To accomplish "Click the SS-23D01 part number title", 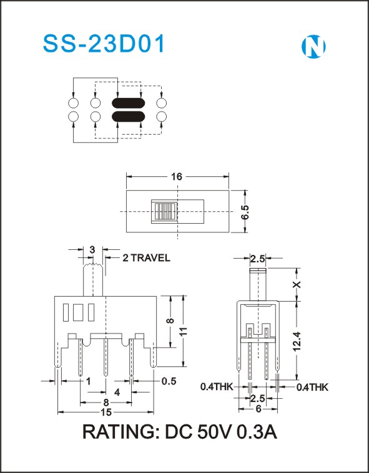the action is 104,44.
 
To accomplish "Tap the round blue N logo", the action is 313,47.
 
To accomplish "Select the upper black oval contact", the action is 129,103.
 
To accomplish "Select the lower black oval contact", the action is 129,117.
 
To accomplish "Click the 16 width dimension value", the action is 177,176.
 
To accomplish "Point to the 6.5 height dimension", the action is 245,213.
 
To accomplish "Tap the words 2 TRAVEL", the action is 146,257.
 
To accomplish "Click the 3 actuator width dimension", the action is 92,249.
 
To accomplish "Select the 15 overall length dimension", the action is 106,412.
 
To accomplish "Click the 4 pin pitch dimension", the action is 117,392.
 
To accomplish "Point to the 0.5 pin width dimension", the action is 169,381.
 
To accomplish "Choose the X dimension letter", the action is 297,284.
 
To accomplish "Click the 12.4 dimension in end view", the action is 297,341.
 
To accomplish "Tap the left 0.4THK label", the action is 217,387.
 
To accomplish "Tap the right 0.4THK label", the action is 312,388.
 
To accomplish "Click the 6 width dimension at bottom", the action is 258,409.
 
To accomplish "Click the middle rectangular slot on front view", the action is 78,312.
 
